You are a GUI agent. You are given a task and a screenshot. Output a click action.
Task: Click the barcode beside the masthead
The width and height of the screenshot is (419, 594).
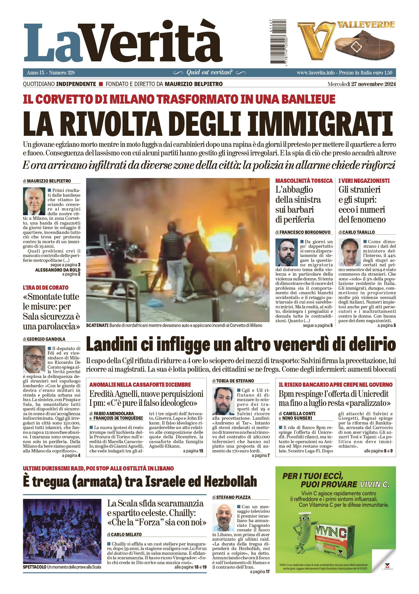(278, 41)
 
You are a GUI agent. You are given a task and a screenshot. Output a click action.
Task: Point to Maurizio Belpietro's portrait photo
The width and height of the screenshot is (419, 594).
(34, 201)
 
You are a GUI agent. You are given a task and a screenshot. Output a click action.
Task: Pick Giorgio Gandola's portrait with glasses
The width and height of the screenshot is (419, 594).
(34, 359)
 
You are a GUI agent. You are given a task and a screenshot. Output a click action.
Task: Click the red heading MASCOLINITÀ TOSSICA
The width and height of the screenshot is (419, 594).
(304, 181)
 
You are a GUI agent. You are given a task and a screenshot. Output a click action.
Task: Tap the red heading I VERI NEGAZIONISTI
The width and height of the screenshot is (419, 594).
(364, 181)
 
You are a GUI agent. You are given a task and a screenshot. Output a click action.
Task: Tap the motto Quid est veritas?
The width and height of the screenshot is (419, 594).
(209, 72)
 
